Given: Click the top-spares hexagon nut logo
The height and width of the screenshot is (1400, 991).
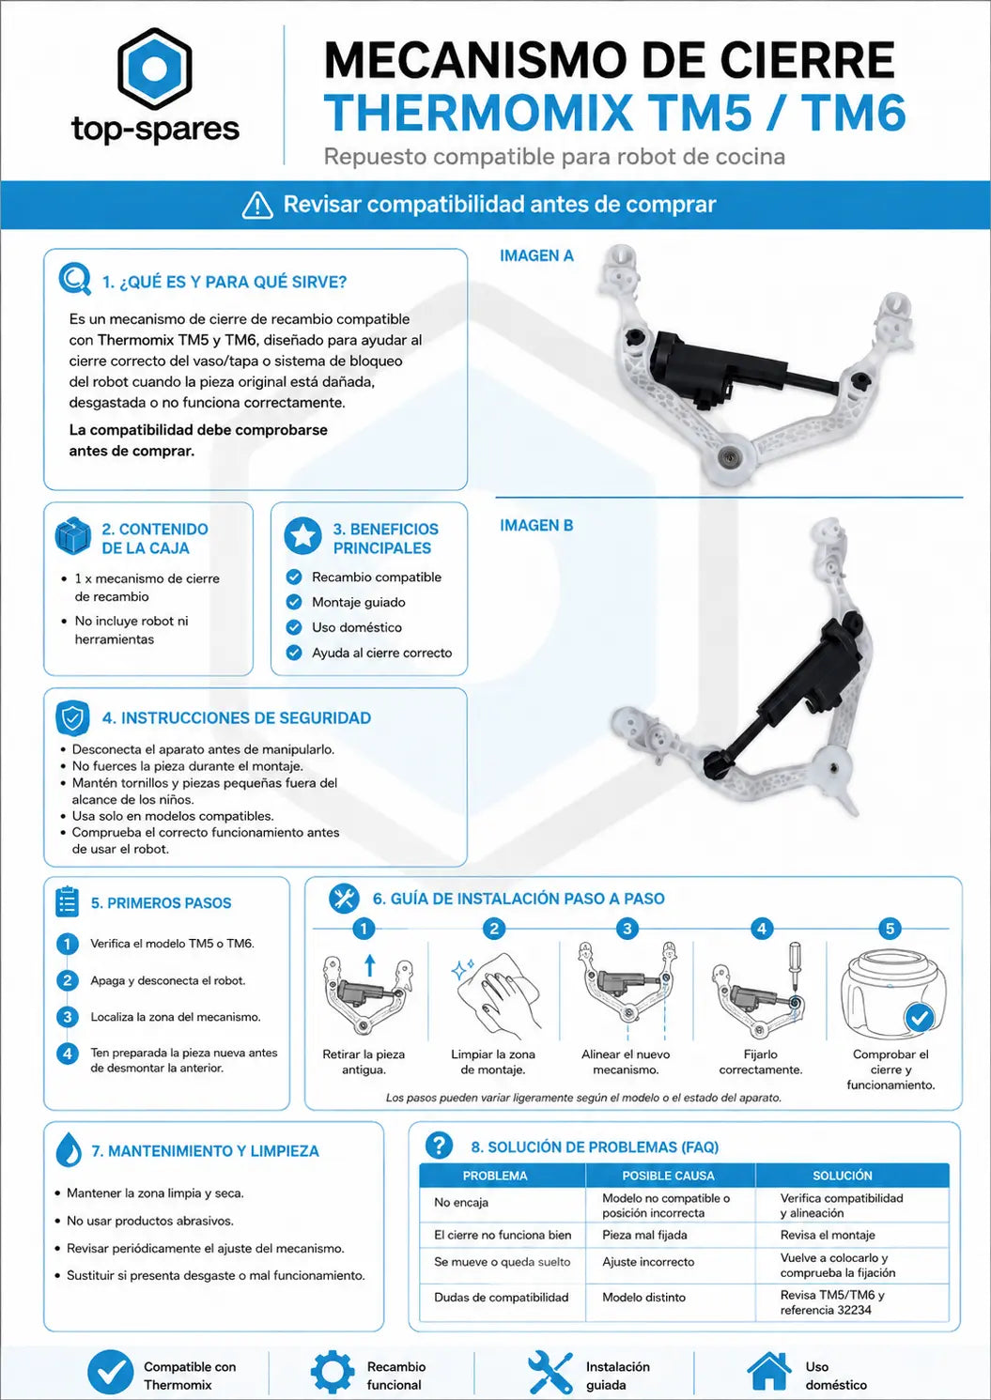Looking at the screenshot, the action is click(154, 68).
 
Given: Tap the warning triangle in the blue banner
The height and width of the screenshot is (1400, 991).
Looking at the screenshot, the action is click(257, 205).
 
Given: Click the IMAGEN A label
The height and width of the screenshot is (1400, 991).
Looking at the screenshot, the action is click(536, 255).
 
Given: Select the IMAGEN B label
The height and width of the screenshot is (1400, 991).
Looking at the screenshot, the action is click(536, 526).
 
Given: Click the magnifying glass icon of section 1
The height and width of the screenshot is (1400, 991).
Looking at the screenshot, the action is click(75, 279).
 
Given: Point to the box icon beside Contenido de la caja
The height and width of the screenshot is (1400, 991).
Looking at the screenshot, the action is click(72, 536).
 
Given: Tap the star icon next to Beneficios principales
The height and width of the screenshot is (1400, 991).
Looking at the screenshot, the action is click(302, 535).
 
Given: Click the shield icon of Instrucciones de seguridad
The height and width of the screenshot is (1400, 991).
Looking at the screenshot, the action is click(72, 718).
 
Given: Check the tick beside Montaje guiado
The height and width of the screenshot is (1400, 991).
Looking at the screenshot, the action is click(294, 602).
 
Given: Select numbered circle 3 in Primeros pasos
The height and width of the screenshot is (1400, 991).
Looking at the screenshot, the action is click(68, 1017).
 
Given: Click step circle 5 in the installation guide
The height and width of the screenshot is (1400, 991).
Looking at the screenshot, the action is click(890, 929).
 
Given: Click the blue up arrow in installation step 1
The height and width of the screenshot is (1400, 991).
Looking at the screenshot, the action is click(369, 965).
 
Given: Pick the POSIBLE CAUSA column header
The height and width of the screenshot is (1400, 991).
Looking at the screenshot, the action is click(668, 1176).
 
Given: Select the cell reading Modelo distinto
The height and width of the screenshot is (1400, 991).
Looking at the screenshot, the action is click(644, 1297).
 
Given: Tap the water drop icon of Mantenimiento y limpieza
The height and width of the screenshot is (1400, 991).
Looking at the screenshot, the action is click(69, 1149).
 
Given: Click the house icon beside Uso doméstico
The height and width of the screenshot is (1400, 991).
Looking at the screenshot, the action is click(769, 1371).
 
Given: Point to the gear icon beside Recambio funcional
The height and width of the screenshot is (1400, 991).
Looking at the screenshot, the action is click(333, 1372).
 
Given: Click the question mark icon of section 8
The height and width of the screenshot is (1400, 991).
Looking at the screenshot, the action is click(439, 1145).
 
